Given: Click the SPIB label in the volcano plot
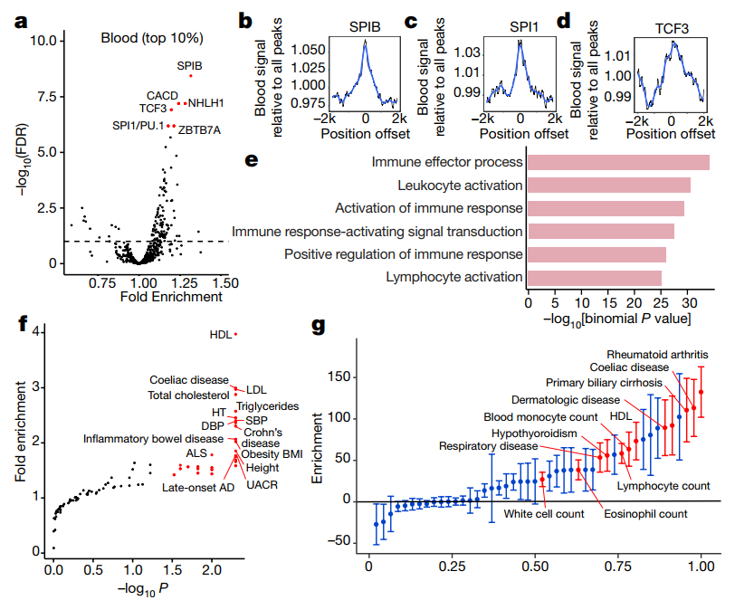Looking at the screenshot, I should point(189,65).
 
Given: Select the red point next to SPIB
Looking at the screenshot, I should point(191,76).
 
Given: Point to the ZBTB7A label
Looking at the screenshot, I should point(200,129).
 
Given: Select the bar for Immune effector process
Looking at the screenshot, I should point(617,162).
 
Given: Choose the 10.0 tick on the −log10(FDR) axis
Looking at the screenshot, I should point(45,41).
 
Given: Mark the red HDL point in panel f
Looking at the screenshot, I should point(235,334).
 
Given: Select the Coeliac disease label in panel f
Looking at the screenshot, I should point(188,379).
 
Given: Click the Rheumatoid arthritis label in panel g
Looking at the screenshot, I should point(657,354).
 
